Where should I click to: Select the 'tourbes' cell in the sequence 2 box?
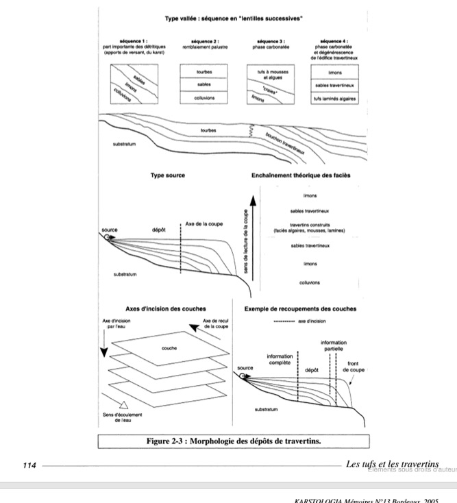click(203, 71)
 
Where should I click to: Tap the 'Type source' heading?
click(168, 175)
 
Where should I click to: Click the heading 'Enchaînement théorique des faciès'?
click(301, 175)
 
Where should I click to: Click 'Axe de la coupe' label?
click(204, 223)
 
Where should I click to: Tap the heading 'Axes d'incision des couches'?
click(166, 308)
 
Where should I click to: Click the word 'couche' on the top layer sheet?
click(169, 348)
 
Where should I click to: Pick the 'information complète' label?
click(281, 359)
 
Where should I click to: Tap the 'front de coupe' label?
click(354, 367)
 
